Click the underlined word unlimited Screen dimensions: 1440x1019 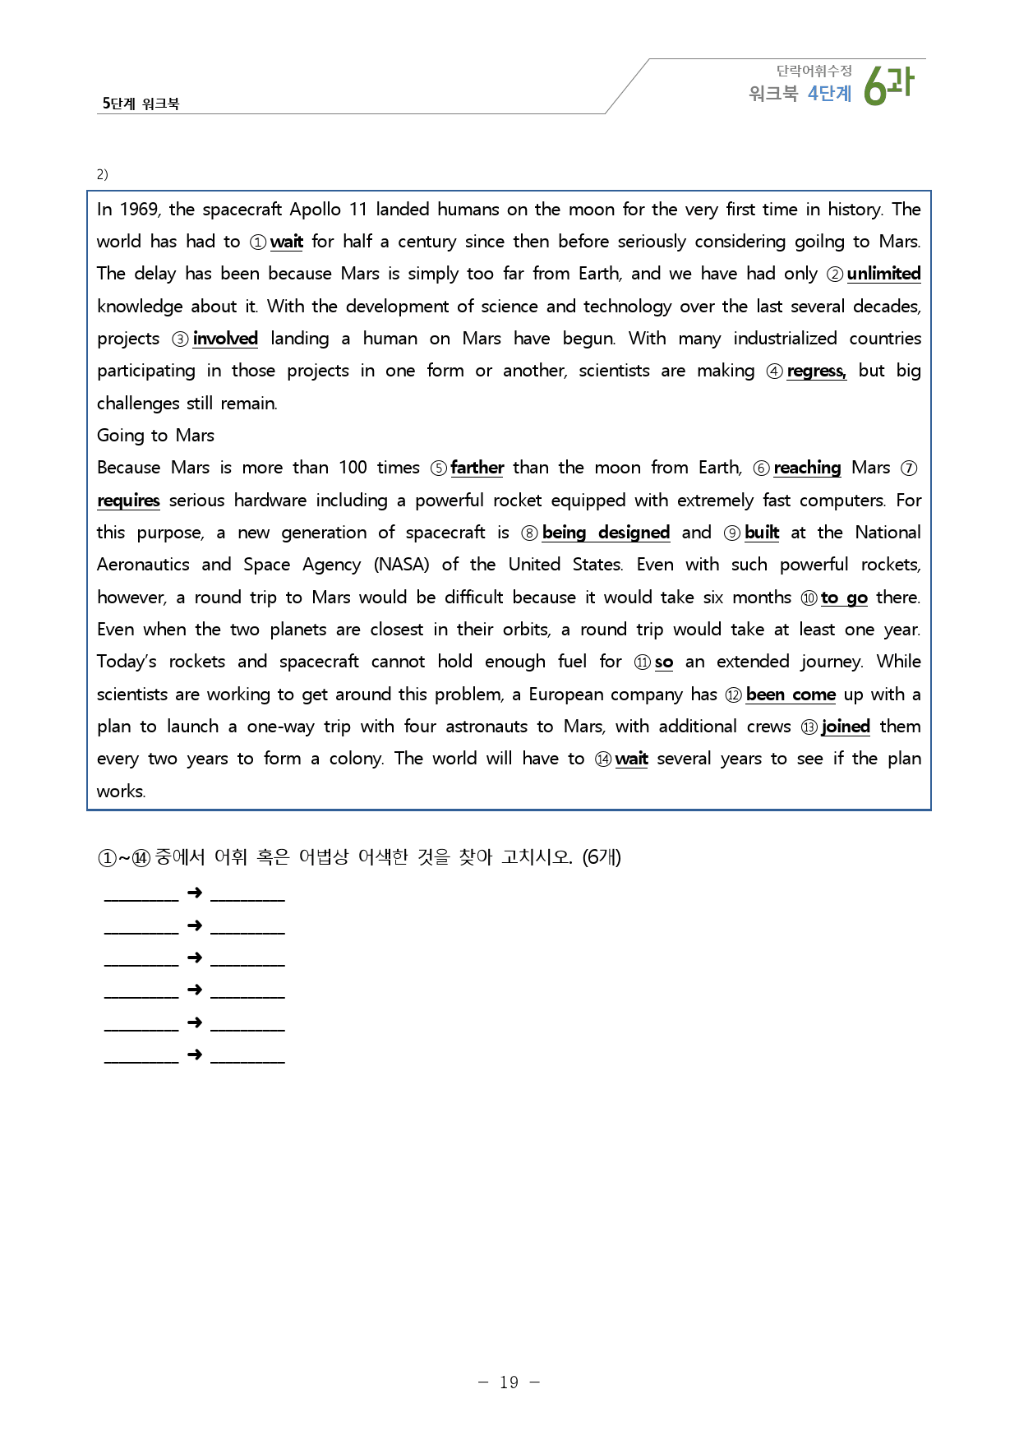(883, 274)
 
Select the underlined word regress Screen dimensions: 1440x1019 (815, 372)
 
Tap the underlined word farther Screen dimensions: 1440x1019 (477, 468)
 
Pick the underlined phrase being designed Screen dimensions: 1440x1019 (606, 533)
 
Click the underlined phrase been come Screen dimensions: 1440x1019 (791, 695)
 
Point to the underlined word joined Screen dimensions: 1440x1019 (845, 727)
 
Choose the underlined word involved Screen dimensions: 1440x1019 (225, 339)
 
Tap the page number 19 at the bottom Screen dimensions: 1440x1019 (509, 1382)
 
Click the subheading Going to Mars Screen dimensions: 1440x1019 (155, 436)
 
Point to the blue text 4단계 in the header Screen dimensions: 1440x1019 (829, 94)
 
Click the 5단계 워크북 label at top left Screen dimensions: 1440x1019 (141, 104)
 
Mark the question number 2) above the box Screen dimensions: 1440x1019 (102, 174)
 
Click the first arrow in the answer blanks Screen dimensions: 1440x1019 (195, 893)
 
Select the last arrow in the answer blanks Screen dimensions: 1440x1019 (195, 1055)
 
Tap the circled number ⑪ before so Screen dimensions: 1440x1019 (643, 662)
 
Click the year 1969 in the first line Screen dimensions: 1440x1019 (140, 210)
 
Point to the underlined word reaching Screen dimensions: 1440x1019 (807, 468)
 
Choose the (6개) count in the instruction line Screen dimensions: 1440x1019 (602, 857)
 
